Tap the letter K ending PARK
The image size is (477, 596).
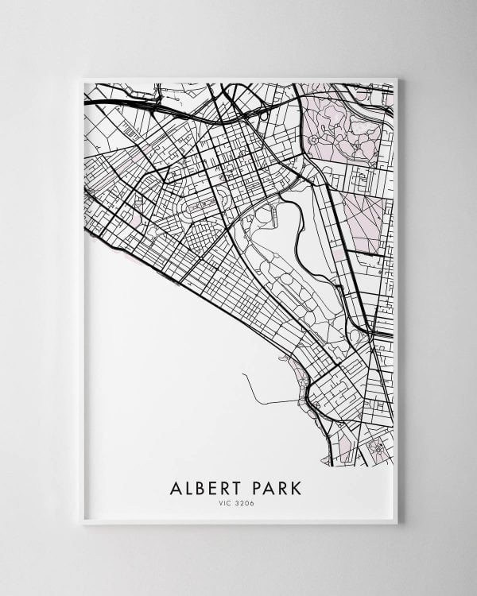point(298,486)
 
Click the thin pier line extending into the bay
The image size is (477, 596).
point(270,397)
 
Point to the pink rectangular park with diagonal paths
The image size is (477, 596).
point(362,223)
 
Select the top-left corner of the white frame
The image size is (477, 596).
point(83,78)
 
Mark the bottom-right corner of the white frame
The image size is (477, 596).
point(397,523)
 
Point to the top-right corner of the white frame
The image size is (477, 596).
point(397,78)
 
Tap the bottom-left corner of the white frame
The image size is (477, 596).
point(83,523)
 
